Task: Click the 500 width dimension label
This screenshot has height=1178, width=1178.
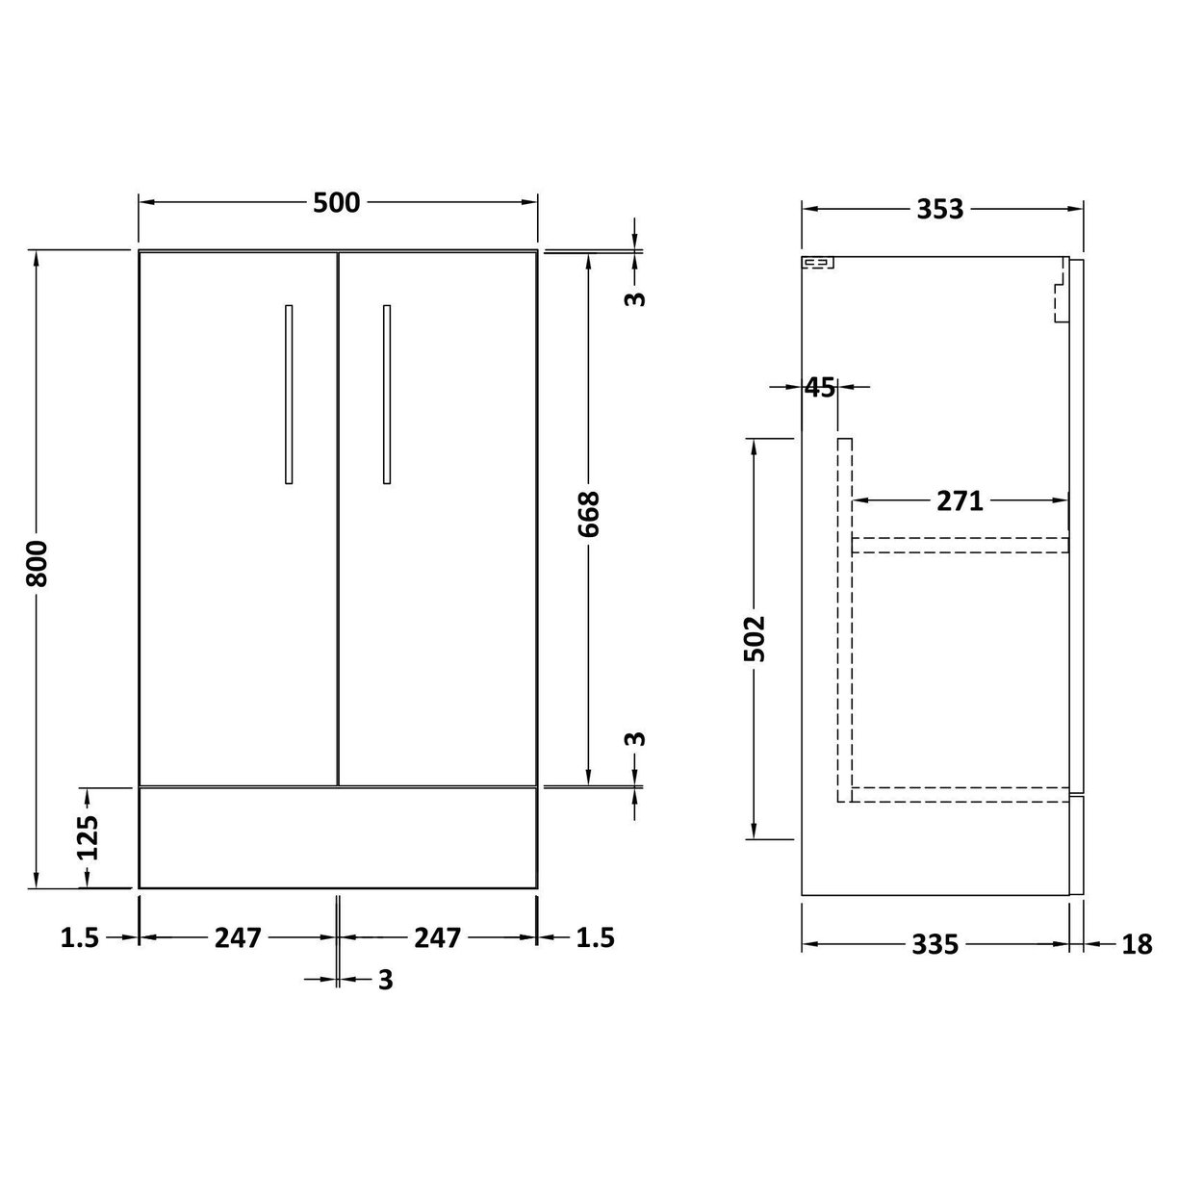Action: click(336, 203)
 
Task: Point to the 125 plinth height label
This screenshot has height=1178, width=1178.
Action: click(88, 837)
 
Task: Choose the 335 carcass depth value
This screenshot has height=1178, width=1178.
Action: click(935, 945)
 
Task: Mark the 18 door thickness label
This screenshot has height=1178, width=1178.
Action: click(1136, 945)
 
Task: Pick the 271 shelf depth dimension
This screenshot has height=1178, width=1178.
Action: click(960, 500)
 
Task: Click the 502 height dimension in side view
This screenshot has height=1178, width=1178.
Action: click(755, 637)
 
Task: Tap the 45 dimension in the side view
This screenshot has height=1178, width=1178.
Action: click(819, 387)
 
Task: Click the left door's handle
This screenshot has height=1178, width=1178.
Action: click(289, 394)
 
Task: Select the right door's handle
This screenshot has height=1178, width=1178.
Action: click(387, 394)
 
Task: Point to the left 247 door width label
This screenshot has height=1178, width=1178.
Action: click(238, 936)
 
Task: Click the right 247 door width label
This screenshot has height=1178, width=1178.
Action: click(438, 936)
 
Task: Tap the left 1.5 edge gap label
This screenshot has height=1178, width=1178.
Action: click(80, 937)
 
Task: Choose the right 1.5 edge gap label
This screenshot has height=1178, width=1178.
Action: click(595, 937)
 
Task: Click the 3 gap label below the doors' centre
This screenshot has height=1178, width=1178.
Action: click(385, 980)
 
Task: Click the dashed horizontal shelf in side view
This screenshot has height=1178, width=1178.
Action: click(960, 545)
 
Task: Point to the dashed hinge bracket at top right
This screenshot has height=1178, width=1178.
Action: click(1060, 299)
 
